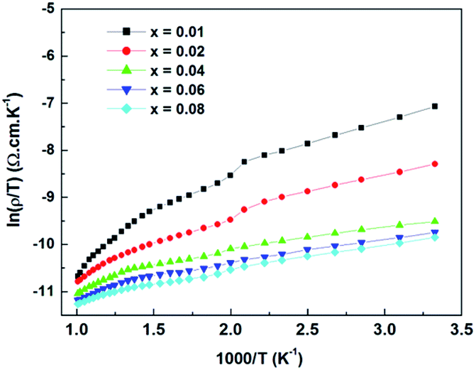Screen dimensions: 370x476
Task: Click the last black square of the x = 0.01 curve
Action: click(435, 107)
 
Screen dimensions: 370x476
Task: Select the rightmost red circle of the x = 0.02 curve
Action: click(435, 164)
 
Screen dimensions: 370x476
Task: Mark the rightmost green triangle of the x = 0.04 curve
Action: click(435, 221)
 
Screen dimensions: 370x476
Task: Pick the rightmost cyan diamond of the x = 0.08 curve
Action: click(435, 237)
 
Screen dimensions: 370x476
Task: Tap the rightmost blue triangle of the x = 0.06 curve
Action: click(435, 232)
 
